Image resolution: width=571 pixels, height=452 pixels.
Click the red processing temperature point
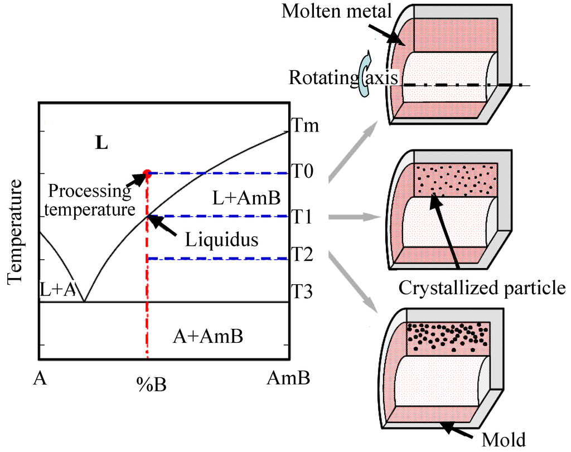click(147, 173)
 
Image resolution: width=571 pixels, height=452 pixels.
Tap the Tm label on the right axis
click(305, 126)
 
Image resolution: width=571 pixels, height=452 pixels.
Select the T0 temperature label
click(304, 173)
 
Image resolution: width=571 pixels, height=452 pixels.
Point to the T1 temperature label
click(304, 217)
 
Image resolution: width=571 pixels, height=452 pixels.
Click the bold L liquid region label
click(101, 144)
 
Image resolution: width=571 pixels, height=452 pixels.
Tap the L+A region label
click(57, 290)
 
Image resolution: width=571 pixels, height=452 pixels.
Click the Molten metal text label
click(336, 12)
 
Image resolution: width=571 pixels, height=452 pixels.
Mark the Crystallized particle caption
click(482, 288)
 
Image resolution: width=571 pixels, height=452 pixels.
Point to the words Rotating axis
click(343, 77)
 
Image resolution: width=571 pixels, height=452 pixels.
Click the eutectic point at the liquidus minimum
click(84, 301)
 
